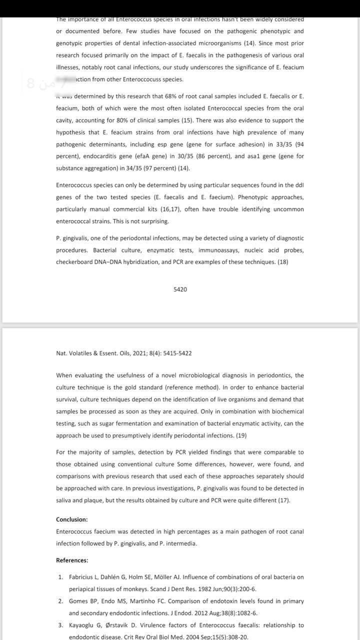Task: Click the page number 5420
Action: (180, 289)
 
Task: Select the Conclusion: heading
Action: (71, 519)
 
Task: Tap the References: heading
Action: (72, 560)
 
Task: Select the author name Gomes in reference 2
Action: (78, 601)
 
